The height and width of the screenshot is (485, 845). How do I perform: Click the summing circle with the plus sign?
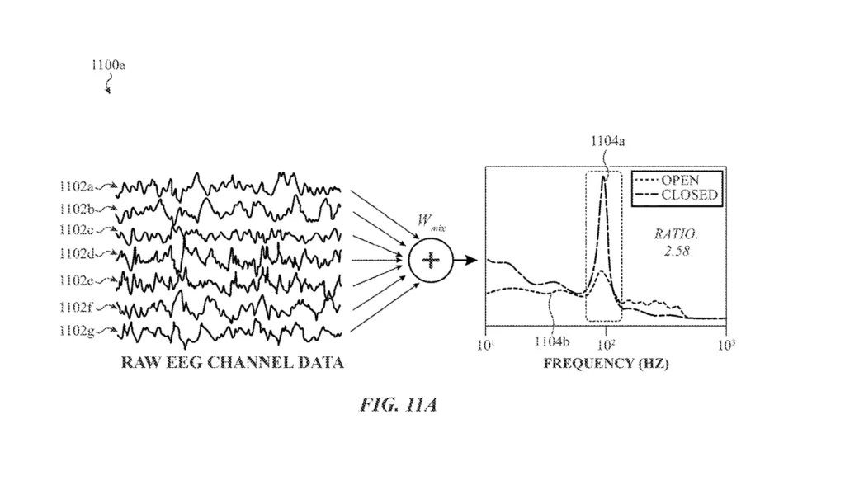click(x=429, y=261)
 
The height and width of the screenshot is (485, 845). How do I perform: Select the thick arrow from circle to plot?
click(x=466, y=261)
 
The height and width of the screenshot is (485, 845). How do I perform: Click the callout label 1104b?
click(x=551, y=341)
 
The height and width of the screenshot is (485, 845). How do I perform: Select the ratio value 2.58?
click(x=676, y=250)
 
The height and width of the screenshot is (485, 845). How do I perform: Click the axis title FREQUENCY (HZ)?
click(x=607, y=363)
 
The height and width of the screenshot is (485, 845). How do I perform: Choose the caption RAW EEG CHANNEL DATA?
click(x=232, y=362)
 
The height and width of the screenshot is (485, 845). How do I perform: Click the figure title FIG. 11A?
click(x=397, y=406)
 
